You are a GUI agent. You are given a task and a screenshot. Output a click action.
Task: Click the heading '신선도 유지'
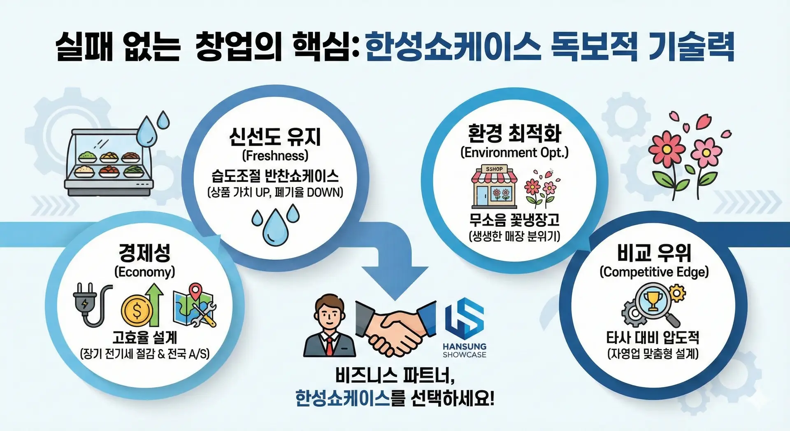click(275, 137)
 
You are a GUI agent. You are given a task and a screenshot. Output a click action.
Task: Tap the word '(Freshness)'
click(275, 156)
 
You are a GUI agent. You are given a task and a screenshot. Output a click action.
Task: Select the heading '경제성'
click(144, 253)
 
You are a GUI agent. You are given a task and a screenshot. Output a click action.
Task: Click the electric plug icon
click(91, 305)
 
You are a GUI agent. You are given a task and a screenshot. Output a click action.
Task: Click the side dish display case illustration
click(109, 163)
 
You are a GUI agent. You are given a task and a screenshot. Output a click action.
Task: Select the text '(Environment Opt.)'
click(514, 153)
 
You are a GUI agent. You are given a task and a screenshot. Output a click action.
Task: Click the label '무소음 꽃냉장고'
click(514, 219)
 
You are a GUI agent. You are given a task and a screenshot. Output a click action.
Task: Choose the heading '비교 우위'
click(654, 253)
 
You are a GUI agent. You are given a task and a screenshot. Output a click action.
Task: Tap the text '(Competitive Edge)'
click(654, 272)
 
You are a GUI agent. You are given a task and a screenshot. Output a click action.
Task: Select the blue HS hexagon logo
click(465, 318)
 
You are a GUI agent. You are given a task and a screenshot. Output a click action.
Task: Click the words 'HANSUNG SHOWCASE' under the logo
click(465, 350)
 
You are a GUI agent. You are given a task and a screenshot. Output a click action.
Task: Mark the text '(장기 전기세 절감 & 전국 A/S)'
click(144, 354)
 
